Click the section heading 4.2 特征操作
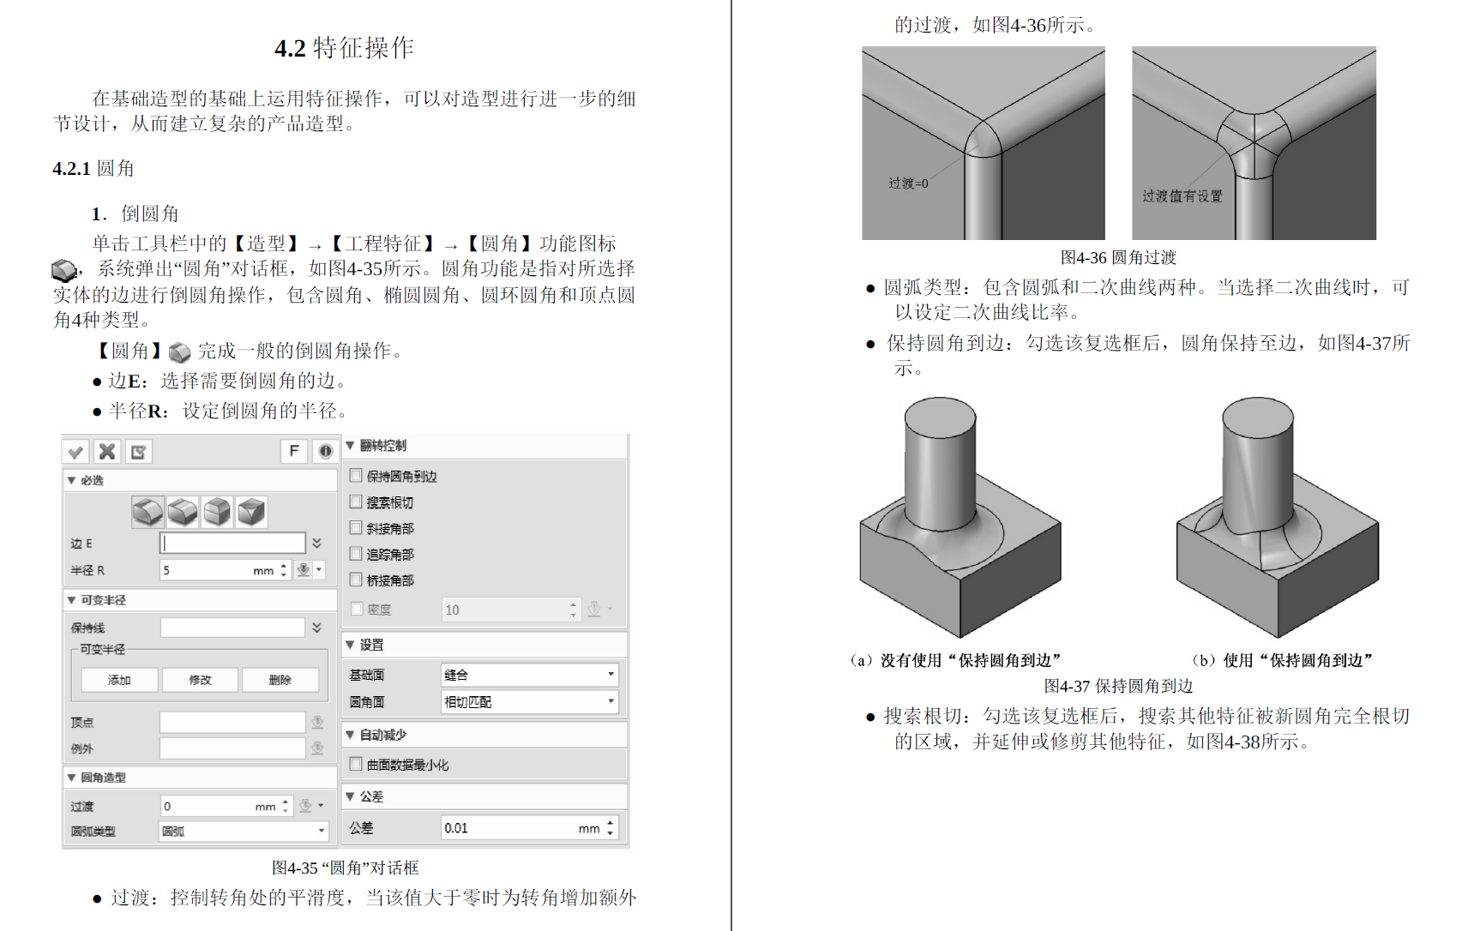pos(344,48)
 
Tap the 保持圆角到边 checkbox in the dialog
pos(356,476)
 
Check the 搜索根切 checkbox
pos(356,502)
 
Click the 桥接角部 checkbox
pos(356,580)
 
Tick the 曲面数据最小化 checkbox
pos(356,764)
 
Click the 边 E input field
pos(232,543)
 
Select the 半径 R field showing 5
pos(214,570)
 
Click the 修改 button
pos(200,680)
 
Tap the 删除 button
pos(280,680)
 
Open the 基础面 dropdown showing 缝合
pos(529,675)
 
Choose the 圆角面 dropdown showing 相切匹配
pos(529,701)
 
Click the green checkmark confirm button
pos(76,452)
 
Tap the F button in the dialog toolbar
pos(294,451)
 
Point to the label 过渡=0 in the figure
pos(908,183)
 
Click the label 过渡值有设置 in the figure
pos(1182,196)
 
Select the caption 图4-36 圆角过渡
pos(1118,257)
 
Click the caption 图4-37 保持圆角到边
pos(1118,686)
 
